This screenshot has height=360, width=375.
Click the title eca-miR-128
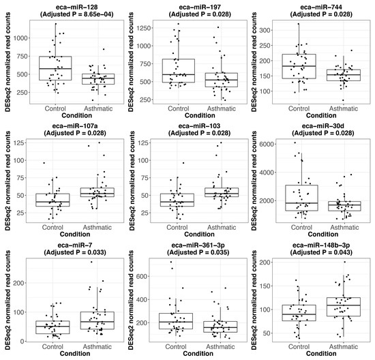tap(67, 5)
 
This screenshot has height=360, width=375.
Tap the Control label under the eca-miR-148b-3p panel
tap(300, 346)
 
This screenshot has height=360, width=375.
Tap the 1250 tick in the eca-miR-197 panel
tap(148, 27)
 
